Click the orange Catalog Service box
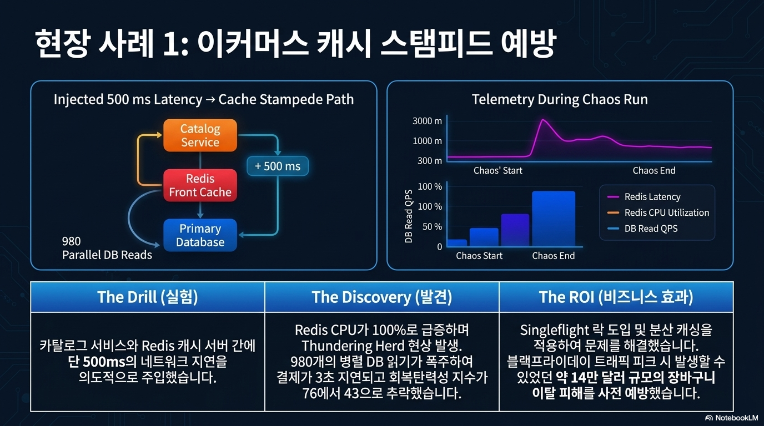pyautogui.click(x=200, y=135)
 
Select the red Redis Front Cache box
pyautogui.click(x=200, y=185)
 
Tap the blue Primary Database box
pyautogui.click(x=200, y=235)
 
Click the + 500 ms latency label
pyautogui.click(x=278, y=166)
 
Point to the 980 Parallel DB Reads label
pyautogui.click(x=107, y=248)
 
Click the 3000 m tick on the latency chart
pyautogui.click(x=427, y=121)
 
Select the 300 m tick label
pyautogui.click(x=429, y=160)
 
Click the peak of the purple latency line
pyautogui.click(x=542, y=120)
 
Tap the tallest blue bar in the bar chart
pyautogui.click(x=554, y=219)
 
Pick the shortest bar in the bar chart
pyautogui.click(x=457, y=242)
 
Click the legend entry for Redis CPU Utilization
pyautogui.click(x=659, y=212)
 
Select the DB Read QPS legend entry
pyautogui.click(x=642, y=229)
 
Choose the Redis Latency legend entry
pyautogui.click(x=644, y=197)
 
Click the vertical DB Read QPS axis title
pyautogui.click(x=409, y=216)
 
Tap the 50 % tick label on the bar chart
pyautogui.click(x=432, y=227)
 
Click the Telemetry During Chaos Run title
pyautogui.click(x=560, y=99)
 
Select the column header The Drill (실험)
pyautogui.click(x=147, y=297)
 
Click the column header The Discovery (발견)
pyautogui.click(x=381, y=297)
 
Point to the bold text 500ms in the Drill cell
pyautogui.click(x=104, y=362)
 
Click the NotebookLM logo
pyautogui.click(x=731, y=418)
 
